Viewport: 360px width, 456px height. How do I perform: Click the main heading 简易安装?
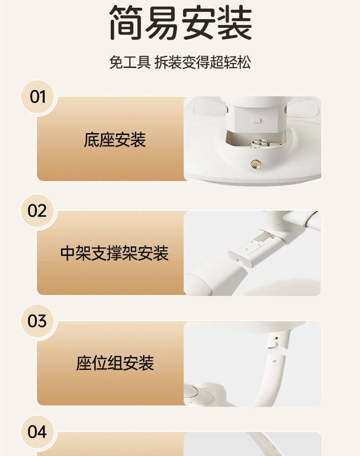coord(180,22)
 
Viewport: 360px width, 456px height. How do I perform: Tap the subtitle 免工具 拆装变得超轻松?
coord(180,62)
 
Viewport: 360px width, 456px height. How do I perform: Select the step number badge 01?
coord(38,97)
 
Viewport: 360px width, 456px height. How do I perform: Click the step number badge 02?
coord(38,211)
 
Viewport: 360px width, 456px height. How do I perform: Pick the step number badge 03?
coord(38,321)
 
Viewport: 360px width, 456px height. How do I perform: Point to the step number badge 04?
coord(38,431)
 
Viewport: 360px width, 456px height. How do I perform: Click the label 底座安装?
coord(115,140)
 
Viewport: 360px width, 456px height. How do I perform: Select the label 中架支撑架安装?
coord(114,253)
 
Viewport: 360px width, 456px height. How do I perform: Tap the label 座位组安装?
coord(115,363)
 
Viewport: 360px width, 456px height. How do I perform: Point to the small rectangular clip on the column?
coord(257,120)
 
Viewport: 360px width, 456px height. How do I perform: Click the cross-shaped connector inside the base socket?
coord(258,142)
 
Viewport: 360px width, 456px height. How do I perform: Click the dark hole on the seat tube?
coord(276,338)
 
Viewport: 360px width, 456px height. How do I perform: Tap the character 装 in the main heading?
coord(235,22)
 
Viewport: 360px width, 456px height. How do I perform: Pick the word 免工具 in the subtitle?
coord(130,62)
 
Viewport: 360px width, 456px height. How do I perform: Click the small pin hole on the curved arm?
coord(274,362)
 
